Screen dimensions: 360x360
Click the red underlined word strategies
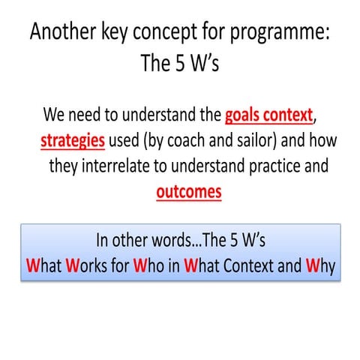tap(72, 141)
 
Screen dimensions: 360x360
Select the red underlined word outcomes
tap(189, 191)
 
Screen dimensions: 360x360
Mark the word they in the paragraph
tap(65, 166)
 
